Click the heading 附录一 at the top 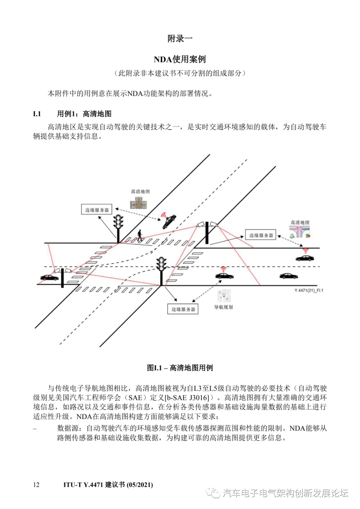pos(180,38)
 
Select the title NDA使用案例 pos(180,59)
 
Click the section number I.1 pos(37,114)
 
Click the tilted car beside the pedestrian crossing pos(169,222)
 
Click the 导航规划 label pos(223,307)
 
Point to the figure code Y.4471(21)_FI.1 pos(309,291)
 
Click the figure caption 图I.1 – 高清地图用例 pos(180,368)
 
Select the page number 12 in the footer pos(36,485)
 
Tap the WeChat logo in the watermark pos(213,493)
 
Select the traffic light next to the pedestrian pos(118,222)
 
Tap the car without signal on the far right pos(288,276)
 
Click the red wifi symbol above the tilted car pos(163,215)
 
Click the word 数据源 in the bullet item pos(68,428)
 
